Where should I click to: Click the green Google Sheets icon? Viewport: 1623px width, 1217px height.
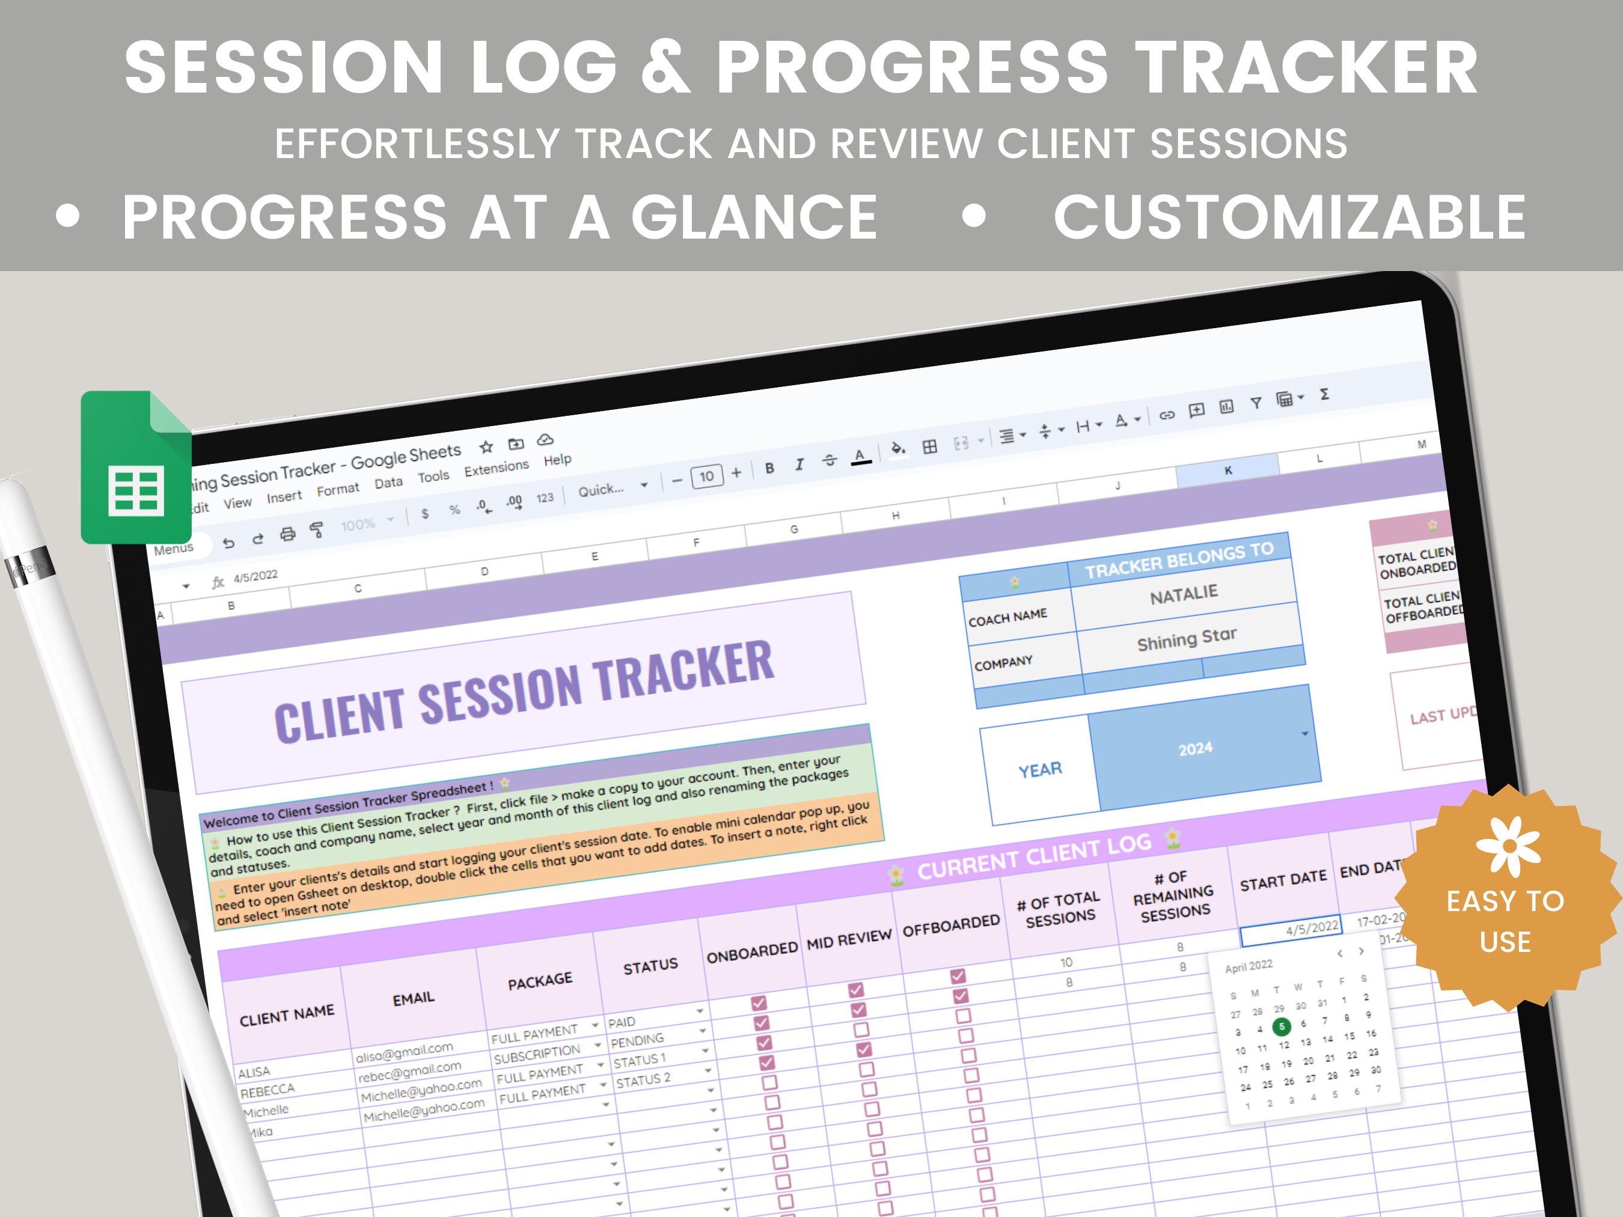136,468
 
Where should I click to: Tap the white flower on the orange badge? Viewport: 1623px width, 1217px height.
1509,845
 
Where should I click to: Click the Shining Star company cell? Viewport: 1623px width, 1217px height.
1187,638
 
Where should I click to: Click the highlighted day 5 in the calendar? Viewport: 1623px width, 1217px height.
1281,1026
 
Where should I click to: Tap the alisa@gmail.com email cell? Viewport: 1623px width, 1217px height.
405,1054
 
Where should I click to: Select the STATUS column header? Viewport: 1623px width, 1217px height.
650,966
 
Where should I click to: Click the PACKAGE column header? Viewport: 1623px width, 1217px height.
540,981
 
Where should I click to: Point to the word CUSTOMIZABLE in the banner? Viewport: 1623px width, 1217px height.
1289,217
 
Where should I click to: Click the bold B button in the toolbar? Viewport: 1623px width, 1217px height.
769,468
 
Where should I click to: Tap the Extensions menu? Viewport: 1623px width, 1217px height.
496,468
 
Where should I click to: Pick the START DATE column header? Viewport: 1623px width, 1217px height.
1283,880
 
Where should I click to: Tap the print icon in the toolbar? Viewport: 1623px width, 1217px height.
287,534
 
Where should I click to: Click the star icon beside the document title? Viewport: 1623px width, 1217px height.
486,446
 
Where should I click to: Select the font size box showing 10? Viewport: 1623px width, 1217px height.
706,476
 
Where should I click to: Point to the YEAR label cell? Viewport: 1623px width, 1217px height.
1040,769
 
